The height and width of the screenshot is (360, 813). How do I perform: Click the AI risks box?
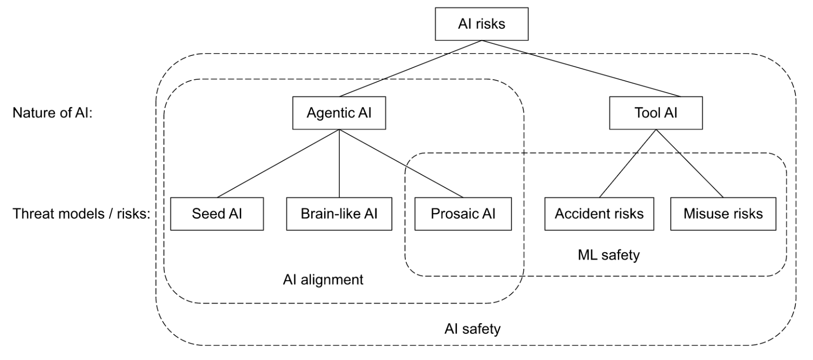point(481,24)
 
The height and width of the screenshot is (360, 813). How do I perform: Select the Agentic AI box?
point(339,113)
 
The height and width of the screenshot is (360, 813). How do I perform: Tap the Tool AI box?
point(655,113)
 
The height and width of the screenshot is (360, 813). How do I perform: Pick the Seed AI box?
point(217,213)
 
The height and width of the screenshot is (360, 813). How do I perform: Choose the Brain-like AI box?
point(339,213)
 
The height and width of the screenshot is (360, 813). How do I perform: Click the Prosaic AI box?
point(463,213)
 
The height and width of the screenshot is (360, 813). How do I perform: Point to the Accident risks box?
point(599,213)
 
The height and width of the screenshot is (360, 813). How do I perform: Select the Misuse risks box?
point(723,213)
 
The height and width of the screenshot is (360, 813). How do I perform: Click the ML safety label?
point(608,255)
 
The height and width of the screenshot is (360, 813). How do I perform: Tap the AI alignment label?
point(323,279)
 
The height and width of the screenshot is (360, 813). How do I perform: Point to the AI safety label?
point(472,329)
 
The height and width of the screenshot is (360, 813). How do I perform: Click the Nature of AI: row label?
point(52,113)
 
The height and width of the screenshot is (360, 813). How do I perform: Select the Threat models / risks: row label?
point(81,213)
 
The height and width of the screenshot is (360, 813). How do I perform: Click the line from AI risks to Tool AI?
point(581,68)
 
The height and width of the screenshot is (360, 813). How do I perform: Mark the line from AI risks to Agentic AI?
point(411,68)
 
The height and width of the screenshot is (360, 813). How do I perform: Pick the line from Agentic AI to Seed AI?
point(278,163)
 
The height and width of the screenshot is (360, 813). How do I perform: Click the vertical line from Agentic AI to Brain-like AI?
point(339,163)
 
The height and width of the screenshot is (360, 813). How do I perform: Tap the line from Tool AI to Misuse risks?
point(689,163)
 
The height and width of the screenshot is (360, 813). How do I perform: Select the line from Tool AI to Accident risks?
point(628,163)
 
